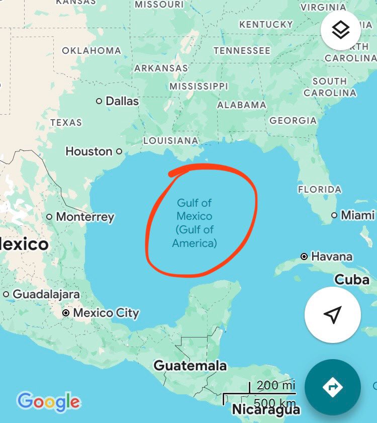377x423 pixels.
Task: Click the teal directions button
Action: pyautogui.click(x=332, y=387)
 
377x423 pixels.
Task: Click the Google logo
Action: pyautogui.click(x=48, y=401)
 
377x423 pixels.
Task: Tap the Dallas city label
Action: pyautogui.click(x=122, y=101)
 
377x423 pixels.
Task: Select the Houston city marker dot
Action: pyautogui.click(x=119, y=151)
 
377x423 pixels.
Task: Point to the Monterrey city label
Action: pyautogui.click(x=85, y=217)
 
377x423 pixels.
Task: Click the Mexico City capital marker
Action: pyautogui.click(x=66, y=313)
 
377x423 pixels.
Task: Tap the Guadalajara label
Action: pyautogui.click(x=46, y=294)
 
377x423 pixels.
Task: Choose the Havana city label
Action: pyautogui.click(x=332, y=257)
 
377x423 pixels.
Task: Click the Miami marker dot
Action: pyautogui.click(x=334, y=215)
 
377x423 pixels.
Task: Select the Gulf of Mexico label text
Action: pyautogui.click(x=195, y=223)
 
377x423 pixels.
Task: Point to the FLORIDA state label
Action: pyautogui.click(x=320, y=190)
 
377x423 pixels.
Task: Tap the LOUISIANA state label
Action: pyautogui.click(x=171, y=141)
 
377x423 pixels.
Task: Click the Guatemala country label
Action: pyautogui.click(x=190, y=366)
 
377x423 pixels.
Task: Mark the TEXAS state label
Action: pyautogui.click(x=66, y=122)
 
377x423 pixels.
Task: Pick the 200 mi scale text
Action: pyautogui.click(x=275, y=386)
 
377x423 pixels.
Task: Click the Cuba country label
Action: pyautogui.click(x=352, y=280)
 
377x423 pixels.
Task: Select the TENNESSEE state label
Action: pyautogui.click(x=242, y=51)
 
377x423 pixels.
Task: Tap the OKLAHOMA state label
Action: pyautogui.click(x=91, y=51)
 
